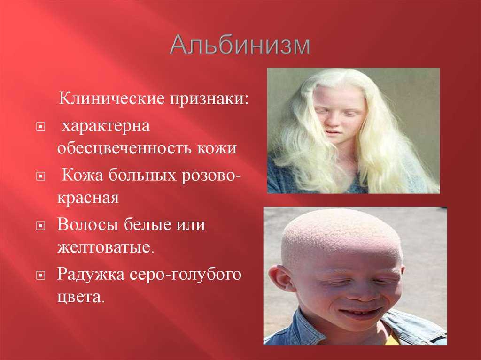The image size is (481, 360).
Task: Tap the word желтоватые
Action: (105, 246)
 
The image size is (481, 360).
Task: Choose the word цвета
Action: (80, 297)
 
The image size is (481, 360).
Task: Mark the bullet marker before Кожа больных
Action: (40, 176)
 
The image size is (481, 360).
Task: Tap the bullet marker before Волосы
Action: (40, 225)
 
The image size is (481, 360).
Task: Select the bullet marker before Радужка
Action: (40, 275)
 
